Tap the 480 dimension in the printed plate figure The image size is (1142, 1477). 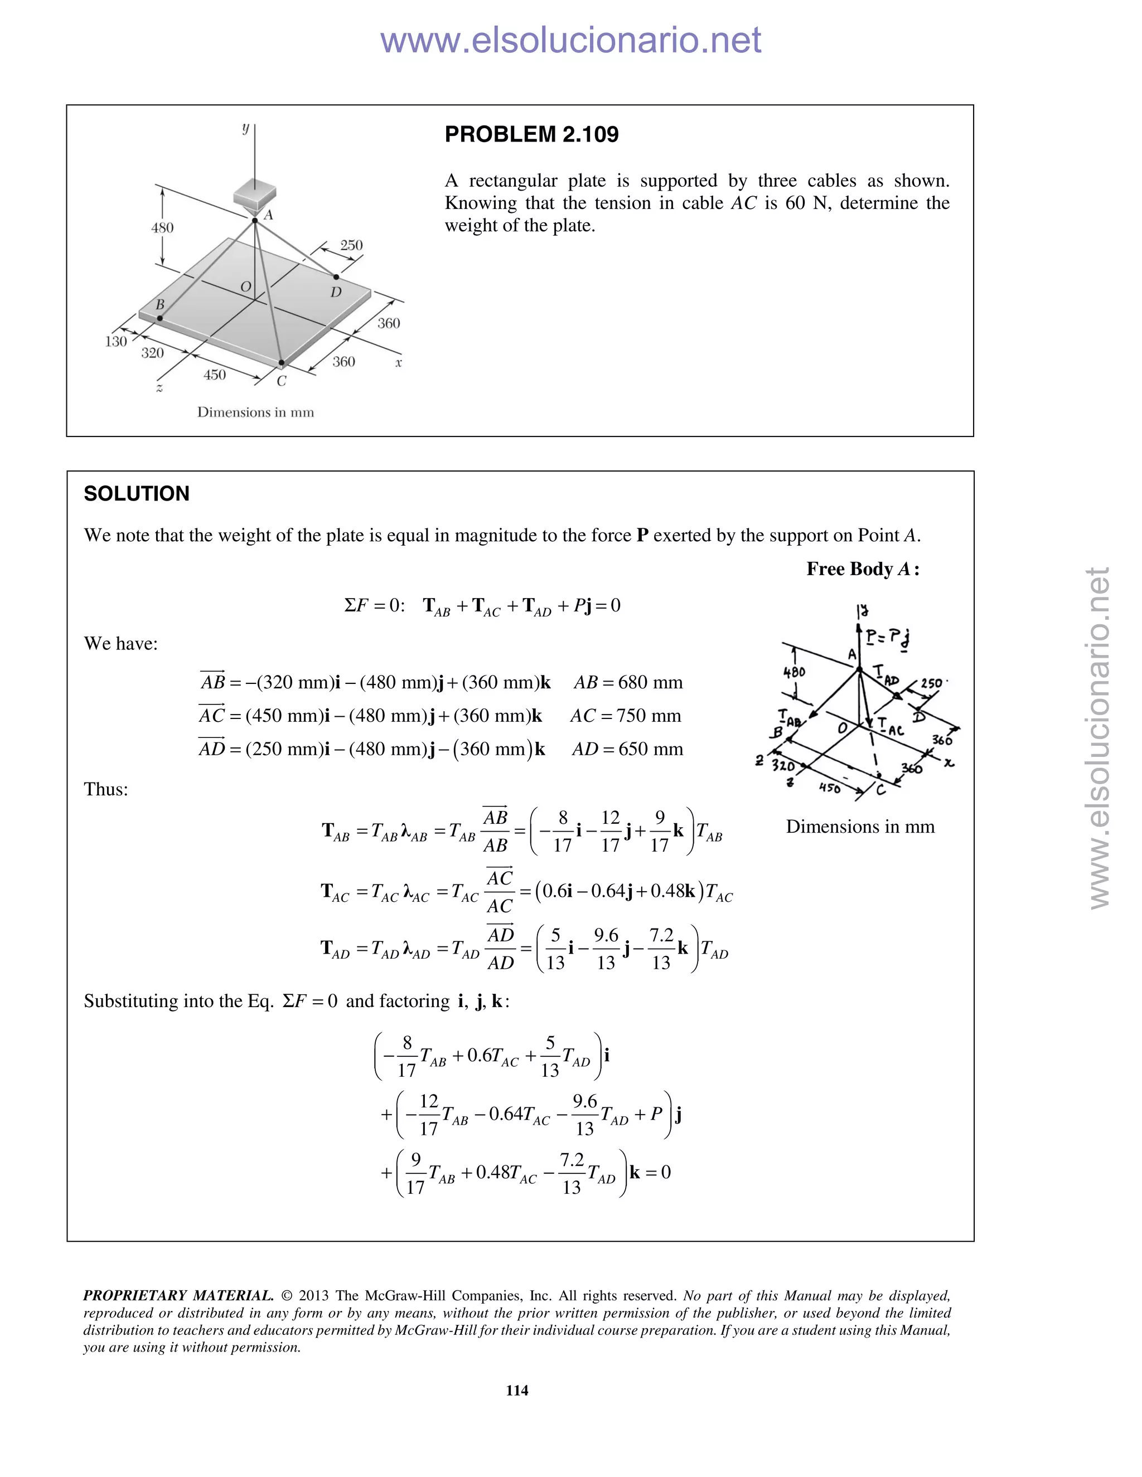[162, 228]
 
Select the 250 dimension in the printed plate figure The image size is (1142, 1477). [351, 245]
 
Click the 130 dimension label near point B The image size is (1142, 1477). [115, 342]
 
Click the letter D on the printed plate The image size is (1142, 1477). [336, 292]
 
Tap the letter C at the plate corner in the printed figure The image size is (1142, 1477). [282, 381]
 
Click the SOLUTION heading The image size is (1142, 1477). [137, 494]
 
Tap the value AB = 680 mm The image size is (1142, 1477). [628, 682]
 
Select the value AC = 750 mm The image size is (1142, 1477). [625, 716]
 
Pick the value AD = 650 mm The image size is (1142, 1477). [627, 749]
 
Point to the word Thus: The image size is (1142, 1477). [105, 789]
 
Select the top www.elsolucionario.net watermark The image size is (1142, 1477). [570, 41]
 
